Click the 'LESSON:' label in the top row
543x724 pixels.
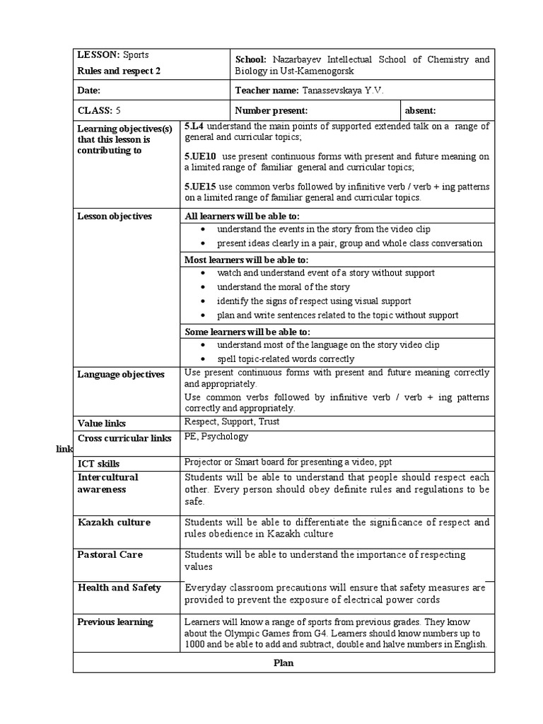click(x=99, y=54)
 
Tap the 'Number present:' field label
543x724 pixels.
click(x=271, y=110)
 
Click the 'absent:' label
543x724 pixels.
click(x=420, y=110)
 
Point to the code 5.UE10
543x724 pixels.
click(x=200, y=156)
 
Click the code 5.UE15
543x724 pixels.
click(x=200, y=186)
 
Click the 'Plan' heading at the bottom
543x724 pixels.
click(x=284, y=663)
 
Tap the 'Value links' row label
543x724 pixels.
click(x=101, y=424)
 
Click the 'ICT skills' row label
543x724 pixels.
click(x=98, y=464)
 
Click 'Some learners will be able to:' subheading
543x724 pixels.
click(x=247, y=332)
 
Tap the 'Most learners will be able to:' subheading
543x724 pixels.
click(x=247, y=259)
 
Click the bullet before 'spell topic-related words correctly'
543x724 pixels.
click(x=204, y=359)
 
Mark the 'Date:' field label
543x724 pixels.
click(x=88, y=91)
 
